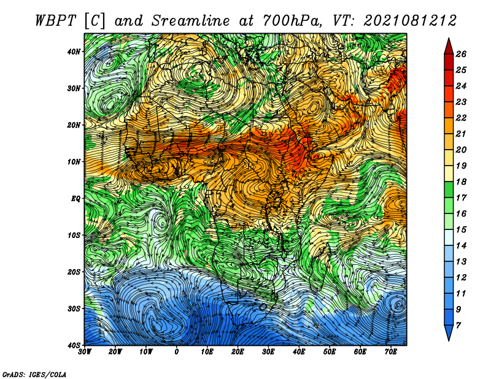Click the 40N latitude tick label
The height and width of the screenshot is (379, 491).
click(x=74, y=52)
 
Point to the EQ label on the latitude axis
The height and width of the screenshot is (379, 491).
click(x=75, y=199)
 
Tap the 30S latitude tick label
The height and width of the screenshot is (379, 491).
click(x=74, y=308)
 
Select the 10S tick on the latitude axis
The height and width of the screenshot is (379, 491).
click(x=74, y=235)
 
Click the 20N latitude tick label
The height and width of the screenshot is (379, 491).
click(x=74, y=125)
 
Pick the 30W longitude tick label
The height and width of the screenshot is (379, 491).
click(x=85, y=352)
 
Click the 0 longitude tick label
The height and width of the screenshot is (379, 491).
click(x=177, y=352)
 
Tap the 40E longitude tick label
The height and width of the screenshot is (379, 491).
click(x=299, y=352)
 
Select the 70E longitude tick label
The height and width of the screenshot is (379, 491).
click(x=391, y=352)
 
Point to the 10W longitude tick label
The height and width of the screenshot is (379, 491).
click(x=146, y=352)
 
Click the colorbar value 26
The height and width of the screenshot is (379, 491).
click(x=461, y=54)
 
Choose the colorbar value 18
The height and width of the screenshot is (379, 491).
click(x=461, y=182)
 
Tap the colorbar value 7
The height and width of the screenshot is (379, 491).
click(x=458, y=326)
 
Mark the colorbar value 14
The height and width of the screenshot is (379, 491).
click(x=461, y=246)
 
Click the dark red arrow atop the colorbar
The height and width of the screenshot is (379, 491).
click(x=449, y=47)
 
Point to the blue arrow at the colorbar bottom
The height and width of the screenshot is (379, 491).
click(x=449, y=333)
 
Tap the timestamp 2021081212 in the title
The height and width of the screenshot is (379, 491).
click(x=410, y=21)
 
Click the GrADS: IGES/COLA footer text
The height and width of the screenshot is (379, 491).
click(x=34, y=374)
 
